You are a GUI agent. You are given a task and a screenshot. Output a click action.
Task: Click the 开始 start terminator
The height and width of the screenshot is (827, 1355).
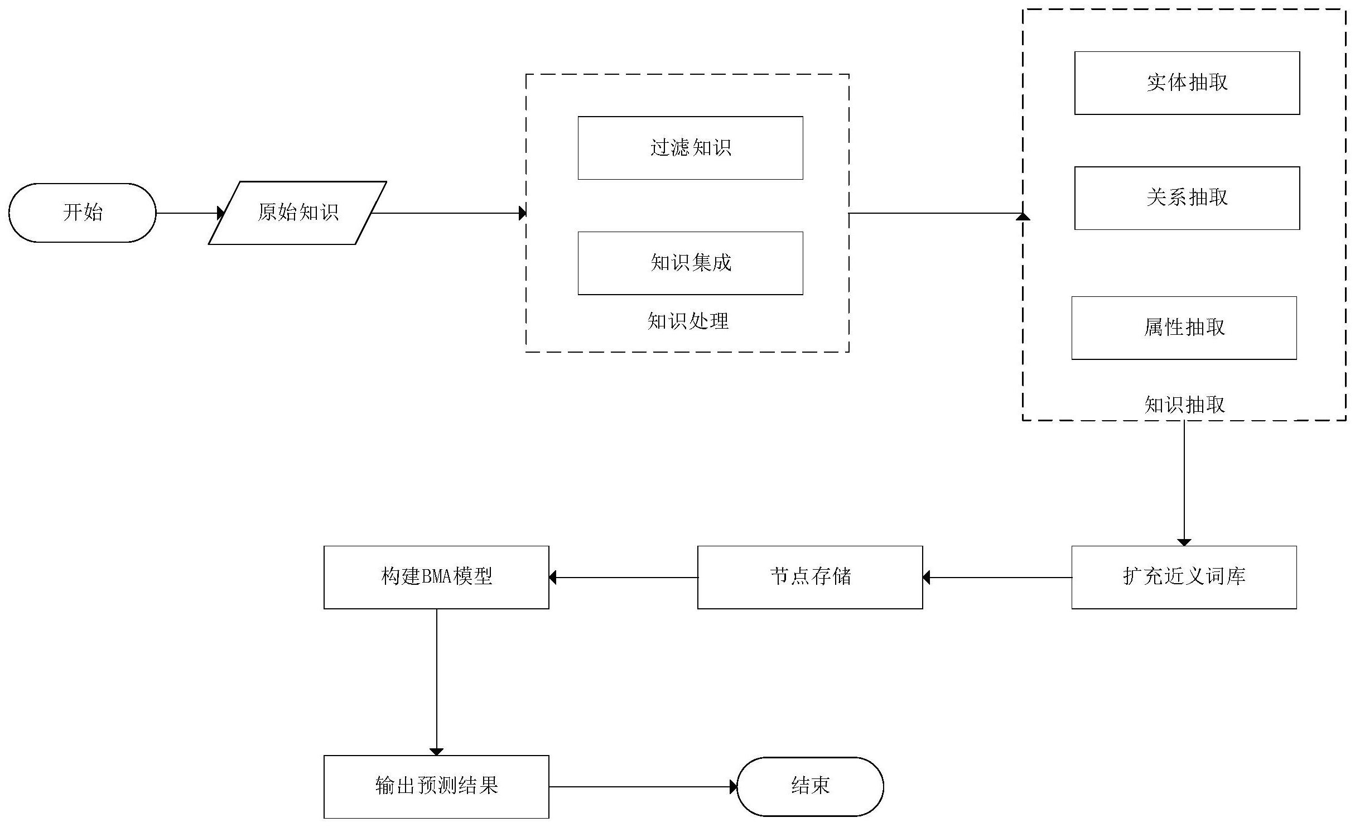(x=83, y=213)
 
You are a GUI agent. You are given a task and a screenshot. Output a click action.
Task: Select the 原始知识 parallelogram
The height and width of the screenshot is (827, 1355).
(x=297, y=213)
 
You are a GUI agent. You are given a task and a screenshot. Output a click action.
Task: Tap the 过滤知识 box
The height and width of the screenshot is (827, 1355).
(x=690, y=148)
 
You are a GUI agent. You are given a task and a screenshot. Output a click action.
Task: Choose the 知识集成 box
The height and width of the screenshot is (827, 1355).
(x=690, y=263)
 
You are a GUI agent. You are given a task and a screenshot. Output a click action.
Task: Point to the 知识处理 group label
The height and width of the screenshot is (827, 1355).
(x=688, y=321)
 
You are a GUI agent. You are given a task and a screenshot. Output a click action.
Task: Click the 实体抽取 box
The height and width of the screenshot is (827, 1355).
(x=1187, y=83)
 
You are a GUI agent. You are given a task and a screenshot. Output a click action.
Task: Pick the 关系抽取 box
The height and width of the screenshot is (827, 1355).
(x=1187, y=198)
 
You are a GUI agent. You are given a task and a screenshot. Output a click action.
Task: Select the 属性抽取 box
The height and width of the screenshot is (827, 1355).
(x=1184, y=328)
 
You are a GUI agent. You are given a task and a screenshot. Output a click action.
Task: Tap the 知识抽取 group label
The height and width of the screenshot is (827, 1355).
(x=1184, y=405)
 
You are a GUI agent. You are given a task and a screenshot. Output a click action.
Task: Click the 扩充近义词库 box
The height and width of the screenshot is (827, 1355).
(x=1184, y=577)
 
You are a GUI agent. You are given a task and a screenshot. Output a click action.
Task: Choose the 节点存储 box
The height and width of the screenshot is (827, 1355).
(x=810, y=577)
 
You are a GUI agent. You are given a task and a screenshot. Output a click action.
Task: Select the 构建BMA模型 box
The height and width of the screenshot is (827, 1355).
(x=436, y=577)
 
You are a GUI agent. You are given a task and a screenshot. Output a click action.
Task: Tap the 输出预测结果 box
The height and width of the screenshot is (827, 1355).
(x=436, y=786)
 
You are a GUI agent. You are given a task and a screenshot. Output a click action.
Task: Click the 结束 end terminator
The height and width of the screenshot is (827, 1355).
(x=810, y=786)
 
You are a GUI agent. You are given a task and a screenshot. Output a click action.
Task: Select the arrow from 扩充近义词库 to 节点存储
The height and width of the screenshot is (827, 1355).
(x=997, y=578)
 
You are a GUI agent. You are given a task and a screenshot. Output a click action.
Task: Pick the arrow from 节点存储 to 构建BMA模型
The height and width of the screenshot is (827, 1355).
(x=623, y=578)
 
